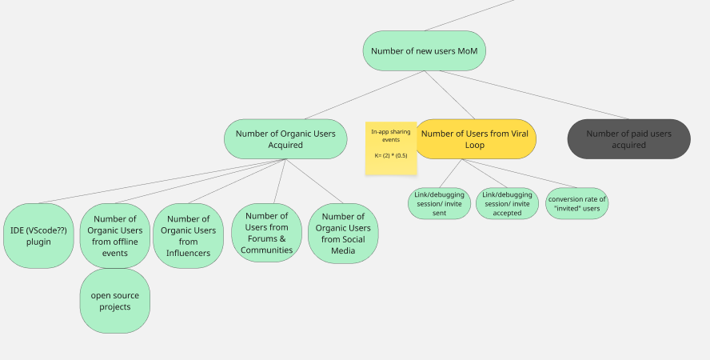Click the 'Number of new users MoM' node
[x=424, y=50]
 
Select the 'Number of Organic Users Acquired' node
[x=285, y=139]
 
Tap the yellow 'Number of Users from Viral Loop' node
[x=474, y=139]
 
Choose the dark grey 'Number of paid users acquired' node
[x=628, y=139]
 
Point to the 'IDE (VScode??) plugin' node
[x=38, y=235]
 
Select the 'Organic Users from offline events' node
[x=115, y=235]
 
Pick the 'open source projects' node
[x=115, y=301]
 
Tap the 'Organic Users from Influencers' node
[x=188, y=235]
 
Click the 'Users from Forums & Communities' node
[x=267, y=233]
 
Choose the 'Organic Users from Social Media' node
[x=343, y=233]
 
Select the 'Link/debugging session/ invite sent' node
[x=439, y=203]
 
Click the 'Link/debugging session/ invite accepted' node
[x=507, y=203]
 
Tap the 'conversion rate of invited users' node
[x=576, y=203]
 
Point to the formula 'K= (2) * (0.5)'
[x=391, y=155]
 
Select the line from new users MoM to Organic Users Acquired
[x=364, y=95]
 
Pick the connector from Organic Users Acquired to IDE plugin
[x=160, y=182]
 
